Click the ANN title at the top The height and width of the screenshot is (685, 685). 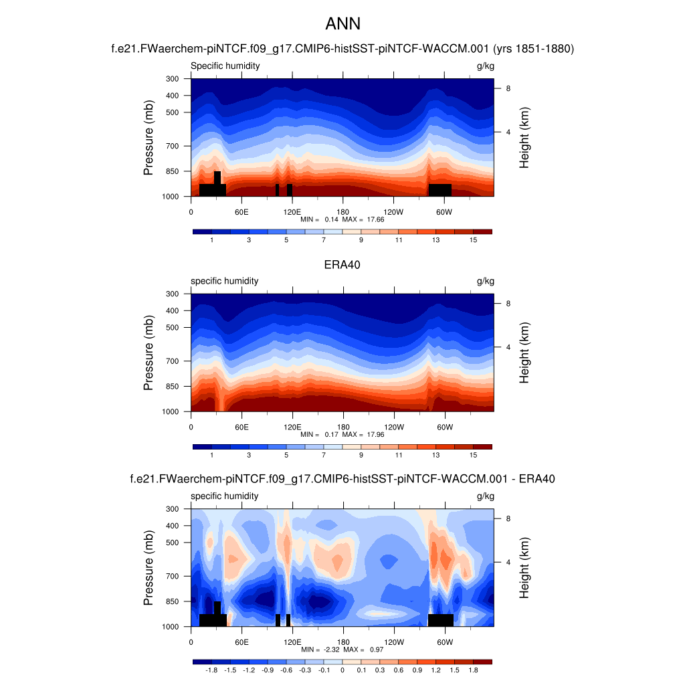point(342,24)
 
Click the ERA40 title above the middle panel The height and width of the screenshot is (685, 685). point(342,265)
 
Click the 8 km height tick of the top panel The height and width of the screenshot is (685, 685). point(508,88)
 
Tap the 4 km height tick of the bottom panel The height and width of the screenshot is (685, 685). point(508,562)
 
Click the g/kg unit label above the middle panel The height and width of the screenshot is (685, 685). point(485,281)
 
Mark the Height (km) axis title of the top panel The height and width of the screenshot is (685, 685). point(524,137)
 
